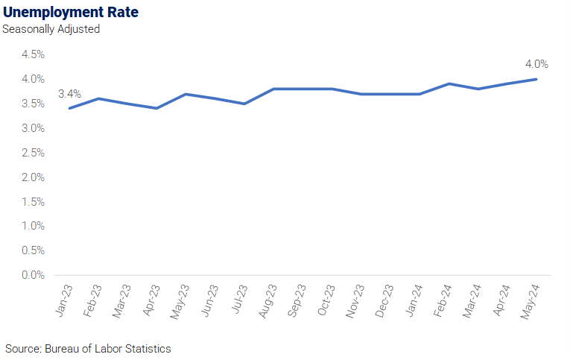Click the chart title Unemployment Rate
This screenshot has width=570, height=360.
[71, 13]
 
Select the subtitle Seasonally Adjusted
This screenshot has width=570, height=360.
[51, 29]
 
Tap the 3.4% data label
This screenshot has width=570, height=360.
[69, 94]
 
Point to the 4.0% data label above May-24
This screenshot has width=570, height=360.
[536, 64]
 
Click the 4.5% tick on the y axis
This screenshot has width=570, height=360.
[33, 54]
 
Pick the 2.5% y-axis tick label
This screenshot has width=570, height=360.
[33, 153]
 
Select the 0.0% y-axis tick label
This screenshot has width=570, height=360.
[33, 275]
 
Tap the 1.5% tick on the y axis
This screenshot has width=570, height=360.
[33, 201]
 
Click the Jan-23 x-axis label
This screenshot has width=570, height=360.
[64, 300]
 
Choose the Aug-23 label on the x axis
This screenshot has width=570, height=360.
[267, 301]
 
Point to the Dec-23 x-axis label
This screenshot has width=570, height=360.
[384, 301]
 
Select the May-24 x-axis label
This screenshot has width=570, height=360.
[530, 302]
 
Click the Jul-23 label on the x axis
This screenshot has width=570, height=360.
[240, 299]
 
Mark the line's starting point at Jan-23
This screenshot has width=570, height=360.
[69, 108]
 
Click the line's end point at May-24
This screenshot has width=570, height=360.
[536, 79]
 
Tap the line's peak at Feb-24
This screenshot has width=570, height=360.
[449, 83]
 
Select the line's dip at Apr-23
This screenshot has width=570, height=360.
[156, 108]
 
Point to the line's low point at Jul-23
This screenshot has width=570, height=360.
[244, 104]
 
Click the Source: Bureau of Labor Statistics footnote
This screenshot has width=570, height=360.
[88, 349]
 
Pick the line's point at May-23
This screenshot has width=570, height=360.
[186, 94]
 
